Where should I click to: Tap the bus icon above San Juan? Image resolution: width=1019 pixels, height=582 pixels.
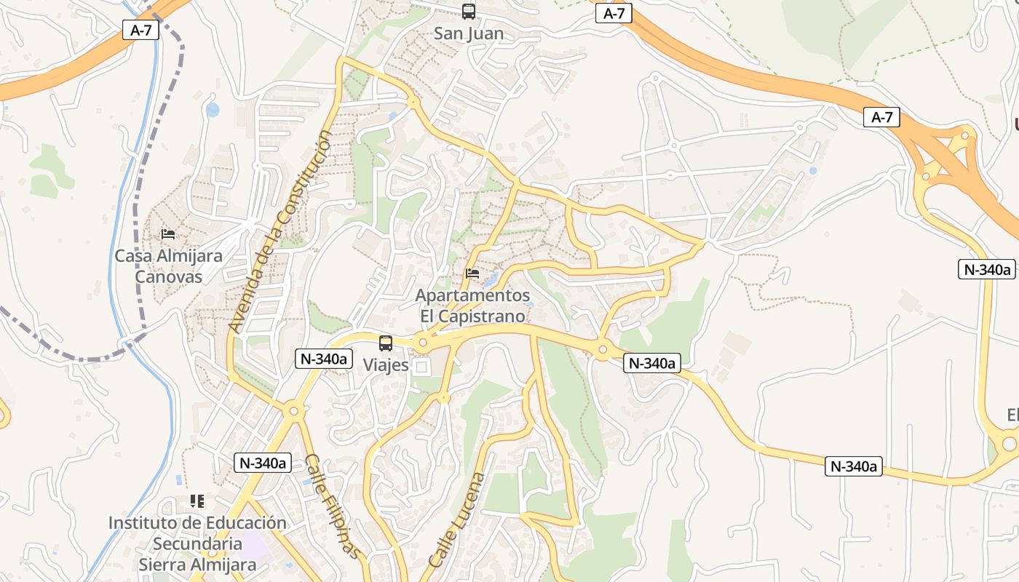[468, 12]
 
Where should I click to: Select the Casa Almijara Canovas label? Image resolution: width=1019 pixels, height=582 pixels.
[168, 266]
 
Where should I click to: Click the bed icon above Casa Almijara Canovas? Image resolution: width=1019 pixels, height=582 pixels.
[168, 234]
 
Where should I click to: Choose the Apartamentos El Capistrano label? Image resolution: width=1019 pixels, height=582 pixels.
[472, 306]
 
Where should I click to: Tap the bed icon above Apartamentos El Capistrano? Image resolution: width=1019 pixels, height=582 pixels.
[472, 274]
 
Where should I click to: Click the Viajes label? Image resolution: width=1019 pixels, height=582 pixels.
[386, 365]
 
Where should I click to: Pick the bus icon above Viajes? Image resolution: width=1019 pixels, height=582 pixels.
[386, 343]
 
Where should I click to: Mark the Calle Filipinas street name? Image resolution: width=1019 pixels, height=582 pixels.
[332, 506]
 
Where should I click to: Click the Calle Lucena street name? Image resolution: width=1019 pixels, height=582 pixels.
[457, 520]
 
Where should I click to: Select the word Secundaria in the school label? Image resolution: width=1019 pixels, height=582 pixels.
[197, 543]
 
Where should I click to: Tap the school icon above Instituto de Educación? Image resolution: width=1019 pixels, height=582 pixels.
[197, 501]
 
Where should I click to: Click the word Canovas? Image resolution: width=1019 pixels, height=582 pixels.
[168, 276]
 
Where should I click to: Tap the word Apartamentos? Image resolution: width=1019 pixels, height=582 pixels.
[472, 296]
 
